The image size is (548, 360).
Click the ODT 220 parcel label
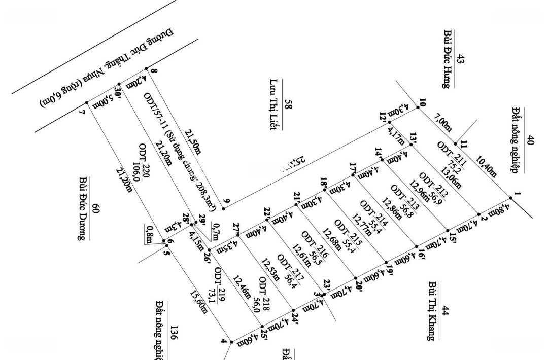[x=147, y=162]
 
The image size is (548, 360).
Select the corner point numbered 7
[x=87, y=103]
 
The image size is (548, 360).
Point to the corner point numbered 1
[x=510, y=198]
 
